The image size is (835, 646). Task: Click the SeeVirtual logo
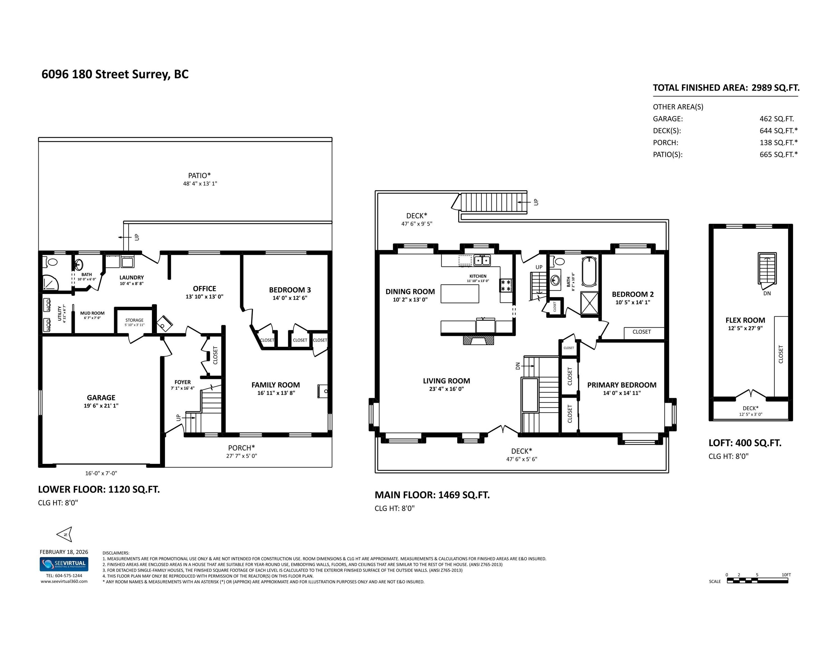tap(64, 564)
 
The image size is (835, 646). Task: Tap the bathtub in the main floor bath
tap(589, 271)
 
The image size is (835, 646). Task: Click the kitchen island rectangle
tap(460, 294)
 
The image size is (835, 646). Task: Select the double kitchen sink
tap(482, 260)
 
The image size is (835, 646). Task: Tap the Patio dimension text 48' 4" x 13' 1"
tap(200, 184)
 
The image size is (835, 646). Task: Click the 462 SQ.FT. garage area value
tap(776, 119)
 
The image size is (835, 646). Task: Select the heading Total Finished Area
tap(700, 88)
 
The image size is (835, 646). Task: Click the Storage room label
tap(134, 320)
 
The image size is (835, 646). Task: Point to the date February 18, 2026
tap(64, 552)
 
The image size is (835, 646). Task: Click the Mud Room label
tap(92, 313)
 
